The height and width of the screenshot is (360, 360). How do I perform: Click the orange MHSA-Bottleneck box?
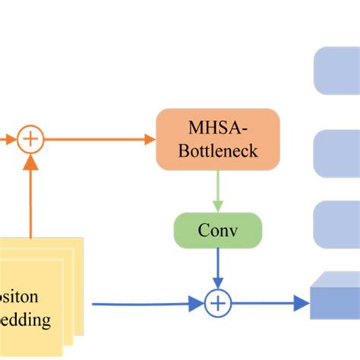click(x=218, y=138)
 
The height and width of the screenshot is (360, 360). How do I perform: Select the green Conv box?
click(x=218, y=229)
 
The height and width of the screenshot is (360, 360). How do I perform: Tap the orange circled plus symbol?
click(x=31, y=139)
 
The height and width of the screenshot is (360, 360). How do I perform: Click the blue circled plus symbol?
click(x=218, y=304)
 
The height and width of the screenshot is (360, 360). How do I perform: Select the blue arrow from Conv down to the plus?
click(x=218, y=267)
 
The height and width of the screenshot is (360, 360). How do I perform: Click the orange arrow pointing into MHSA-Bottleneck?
click(x=99, y=139)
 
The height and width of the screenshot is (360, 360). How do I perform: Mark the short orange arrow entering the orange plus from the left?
click(x=8, y=139)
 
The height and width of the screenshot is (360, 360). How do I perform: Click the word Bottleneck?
click(x=218, y=150)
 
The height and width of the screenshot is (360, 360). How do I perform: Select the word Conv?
click(x=218, y=229)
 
